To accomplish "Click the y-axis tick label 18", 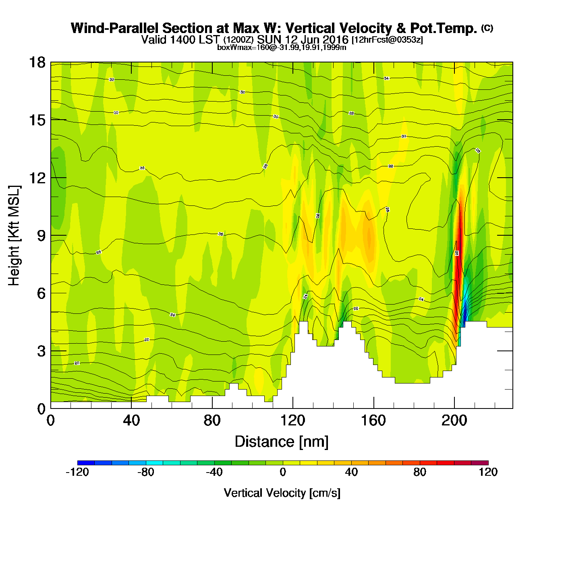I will pos(37,62).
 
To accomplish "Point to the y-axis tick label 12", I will pos(37,178).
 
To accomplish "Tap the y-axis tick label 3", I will pos(41,351).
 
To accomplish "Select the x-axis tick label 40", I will pos(131,421).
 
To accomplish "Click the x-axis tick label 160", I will pos(373,421).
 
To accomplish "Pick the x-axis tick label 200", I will pos(454,421).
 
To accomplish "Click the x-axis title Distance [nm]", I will pos(282,442).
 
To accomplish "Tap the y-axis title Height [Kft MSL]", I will pos(14,236).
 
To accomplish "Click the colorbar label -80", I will pos(145,472).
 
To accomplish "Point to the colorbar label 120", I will pos(488,472).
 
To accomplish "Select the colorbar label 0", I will pos(283,472).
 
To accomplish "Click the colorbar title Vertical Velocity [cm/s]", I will pos(282,493).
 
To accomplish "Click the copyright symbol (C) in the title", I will pos(487,28).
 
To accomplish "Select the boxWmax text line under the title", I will pos(282,47).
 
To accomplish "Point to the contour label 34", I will pos(386,78).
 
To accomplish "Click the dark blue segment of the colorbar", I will pos(86,463).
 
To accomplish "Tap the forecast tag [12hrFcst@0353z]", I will pos(387,40).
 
